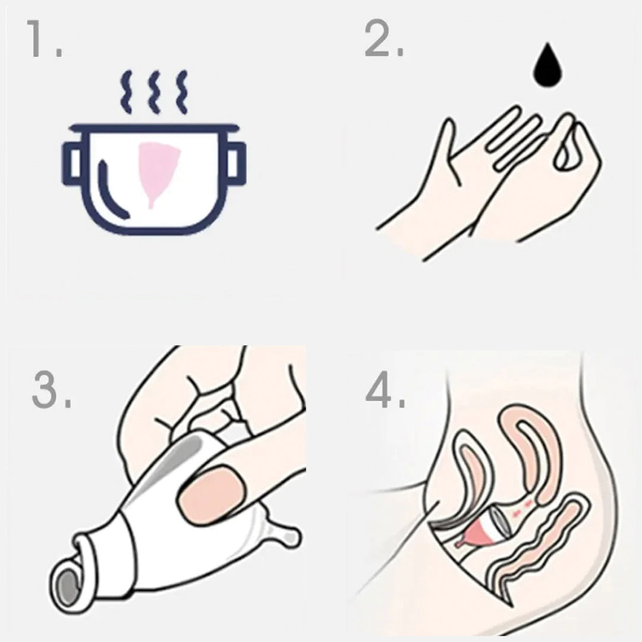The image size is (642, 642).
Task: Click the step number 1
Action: (x=44, y=39)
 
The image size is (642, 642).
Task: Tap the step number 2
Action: (x=383, y=39)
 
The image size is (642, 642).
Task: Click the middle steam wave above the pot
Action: (x=155, y=92)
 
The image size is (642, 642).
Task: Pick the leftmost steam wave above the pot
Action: (x=127, y=92)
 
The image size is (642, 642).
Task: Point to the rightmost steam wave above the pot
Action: (x=182, y=92)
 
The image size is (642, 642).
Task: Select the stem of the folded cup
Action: (x=282, y=532)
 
